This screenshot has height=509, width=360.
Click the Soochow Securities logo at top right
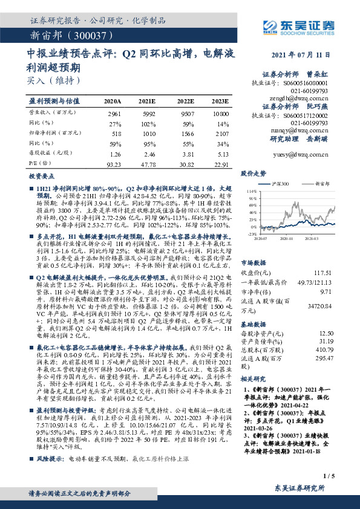[296, 26]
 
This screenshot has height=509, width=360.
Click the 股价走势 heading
[253, 173]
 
